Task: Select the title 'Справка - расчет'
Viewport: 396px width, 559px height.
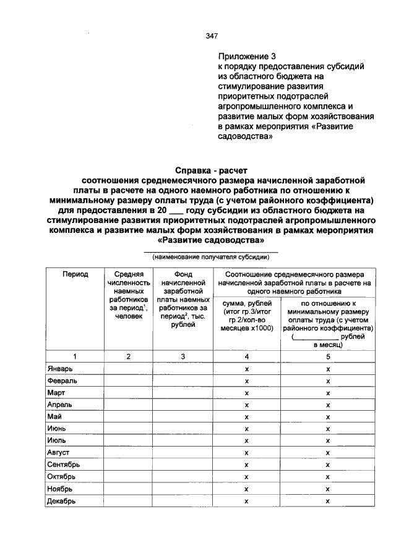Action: click(x=211, y=170)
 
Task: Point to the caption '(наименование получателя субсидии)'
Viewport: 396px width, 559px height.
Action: click(x=211, y=257)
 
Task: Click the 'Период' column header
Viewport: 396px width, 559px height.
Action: click(x=75, y=274)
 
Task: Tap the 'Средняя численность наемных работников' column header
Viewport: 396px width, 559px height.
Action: click(x=129, y=295)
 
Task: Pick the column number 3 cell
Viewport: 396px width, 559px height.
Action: click(x=183, y=356)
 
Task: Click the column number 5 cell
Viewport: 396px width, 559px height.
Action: click(x=328, y=356)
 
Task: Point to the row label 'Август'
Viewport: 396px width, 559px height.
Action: click(x=59, y=453)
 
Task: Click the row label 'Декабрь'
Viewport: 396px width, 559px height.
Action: click(x=61, y=501)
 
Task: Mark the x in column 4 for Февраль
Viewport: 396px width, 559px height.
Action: click(x=246, y=381)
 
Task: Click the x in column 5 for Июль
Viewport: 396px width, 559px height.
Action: click(x=328, y=441)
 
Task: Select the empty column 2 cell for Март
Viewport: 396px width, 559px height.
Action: click(x=129, y=393)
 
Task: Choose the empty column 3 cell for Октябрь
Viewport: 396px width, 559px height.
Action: click(x=183, y=477)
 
